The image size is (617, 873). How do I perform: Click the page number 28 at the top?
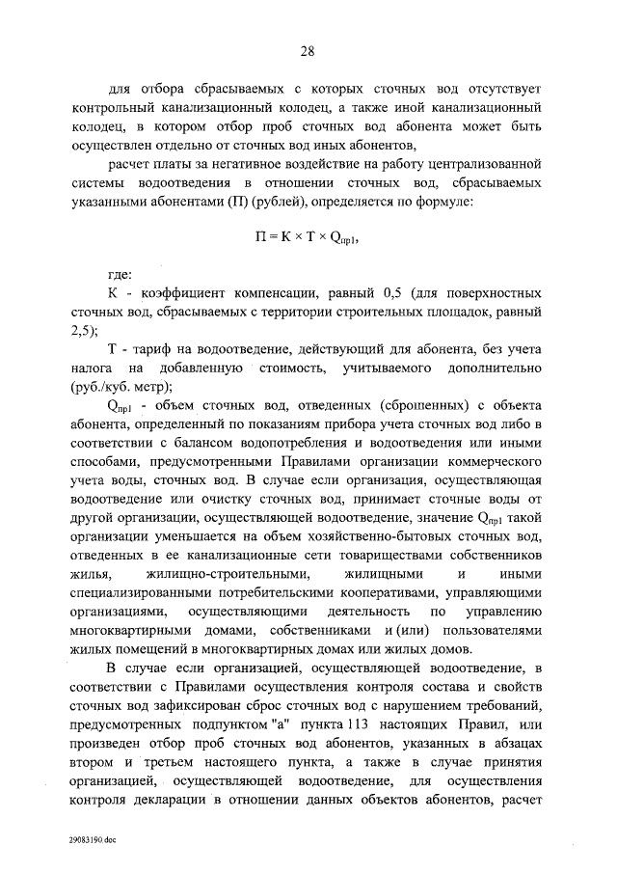point(308,51)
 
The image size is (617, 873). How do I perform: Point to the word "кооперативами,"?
point(439,592)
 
